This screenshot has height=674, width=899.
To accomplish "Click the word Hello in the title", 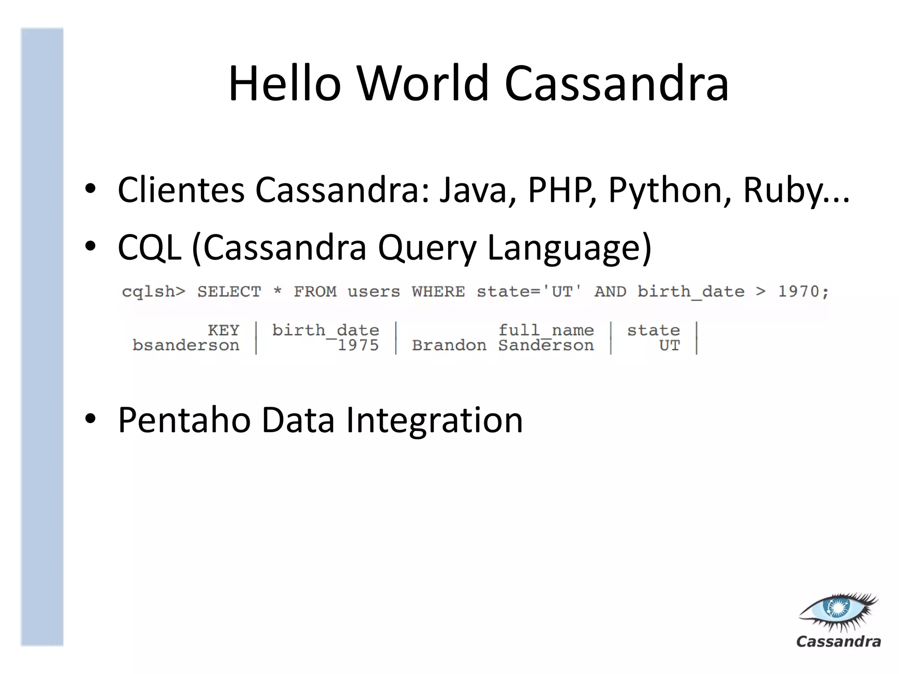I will coord(284,83).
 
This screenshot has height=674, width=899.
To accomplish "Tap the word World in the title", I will coord(423,83).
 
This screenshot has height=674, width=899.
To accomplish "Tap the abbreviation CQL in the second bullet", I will coord(150,247).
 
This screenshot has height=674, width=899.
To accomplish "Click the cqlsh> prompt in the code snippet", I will coord(154,292).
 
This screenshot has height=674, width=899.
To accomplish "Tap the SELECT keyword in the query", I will coord(229,292).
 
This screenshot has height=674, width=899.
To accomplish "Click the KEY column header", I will coord(223,330).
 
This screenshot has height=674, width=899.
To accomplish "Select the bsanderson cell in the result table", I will coord(186,345).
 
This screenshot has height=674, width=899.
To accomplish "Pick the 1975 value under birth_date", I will coord(358,345).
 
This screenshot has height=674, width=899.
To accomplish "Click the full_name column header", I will coord(546,330).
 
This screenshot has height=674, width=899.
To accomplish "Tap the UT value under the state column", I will coord(669,345).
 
